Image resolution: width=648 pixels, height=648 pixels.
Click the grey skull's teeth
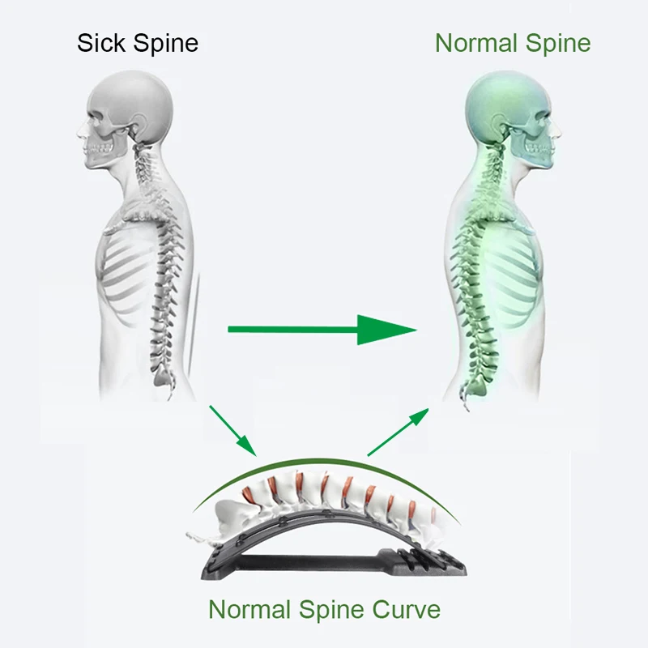click(x=100, y=149)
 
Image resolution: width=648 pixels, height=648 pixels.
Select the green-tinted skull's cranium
click(x=502, y=101)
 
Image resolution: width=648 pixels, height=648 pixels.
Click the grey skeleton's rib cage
click(x=134, y=267)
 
